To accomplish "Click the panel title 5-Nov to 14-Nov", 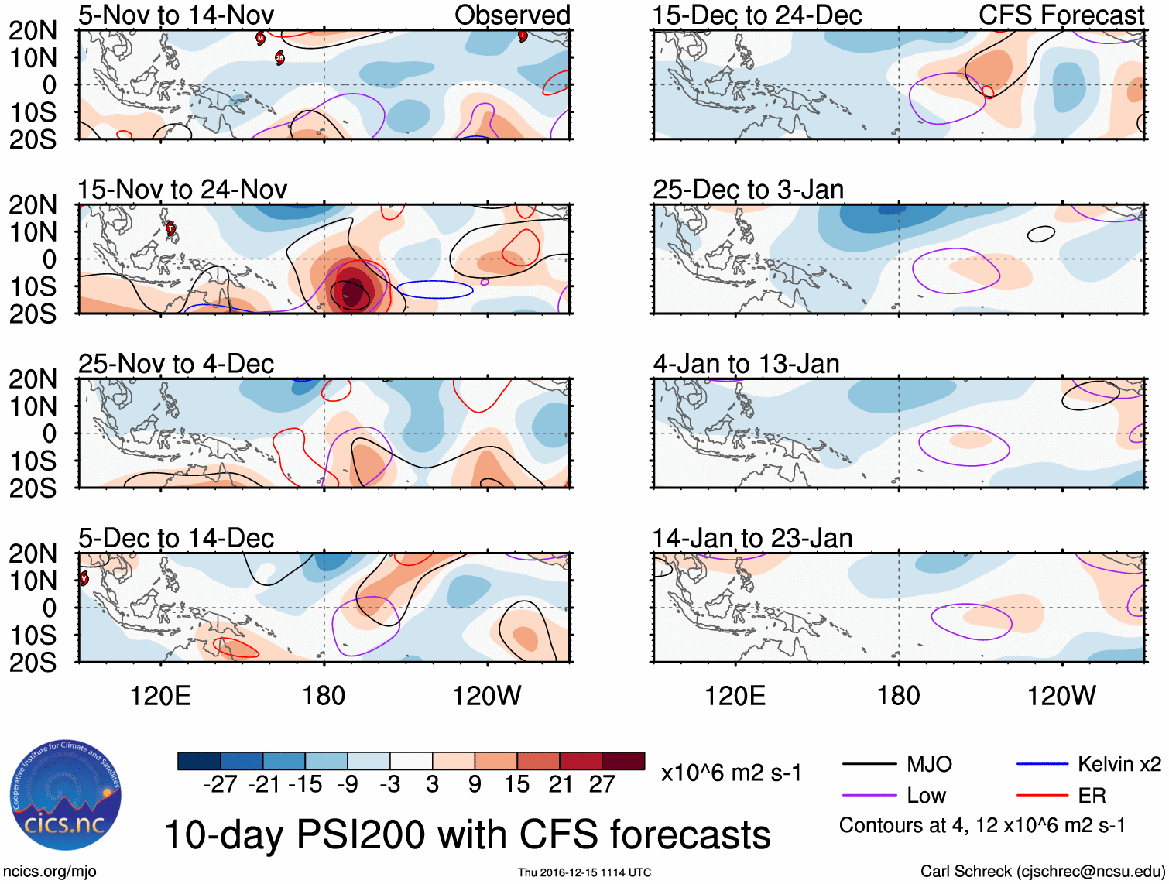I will (176, 15).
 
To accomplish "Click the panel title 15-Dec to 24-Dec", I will (756, 15).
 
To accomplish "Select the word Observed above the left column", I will (512, 15).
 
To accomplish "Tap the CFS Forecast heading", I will (1061, 15).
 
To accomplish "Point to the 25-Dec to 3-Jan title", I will (748, 190).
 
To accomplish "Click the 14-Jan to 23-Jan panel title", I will (752, 538).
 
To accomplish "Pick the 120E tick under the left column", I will (160, 696).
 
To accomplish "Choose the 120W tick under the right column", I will (1061, 696).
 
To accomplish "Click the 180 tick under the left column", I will (324, 696).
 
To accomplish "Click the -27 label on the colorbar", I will (220, 784).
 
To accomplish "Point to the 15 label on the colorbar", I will (517, 784).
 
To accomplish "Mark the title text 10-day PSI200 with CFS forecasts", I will (467, 835).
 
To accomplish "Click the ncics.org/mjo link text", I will (49, 872).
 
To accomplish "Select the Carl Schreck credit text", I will (1042, 872).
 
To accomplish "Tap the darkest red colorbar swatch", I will (623, 761).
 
